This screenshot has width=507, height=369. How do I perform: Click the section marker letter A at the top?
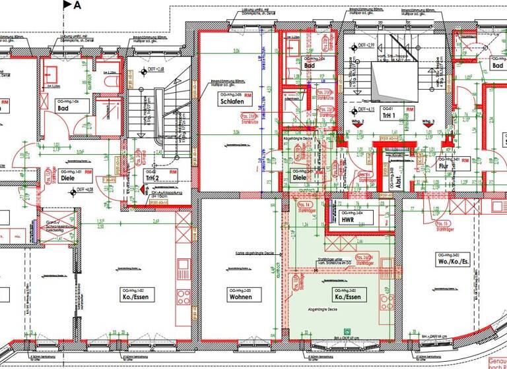pyautogui.click(x=78, y=6)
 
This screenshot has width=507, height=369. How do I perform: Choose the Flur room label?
pyautogui.click(x=444, y=167)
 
